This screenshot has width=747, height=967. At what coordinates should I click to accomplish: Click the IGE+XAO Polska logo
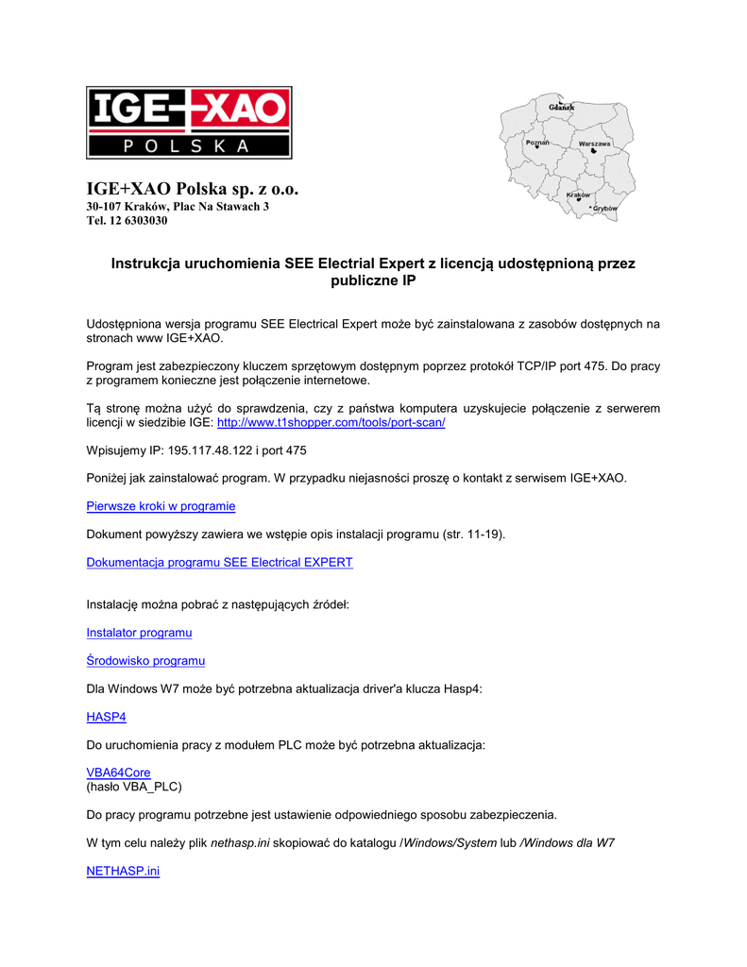pos(189,123)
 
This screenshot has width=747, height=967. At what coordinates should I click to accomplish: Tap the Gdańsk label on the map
pos(562,108)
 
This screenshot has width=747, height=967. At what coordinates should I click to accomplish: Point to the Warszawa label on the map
pos(595,143)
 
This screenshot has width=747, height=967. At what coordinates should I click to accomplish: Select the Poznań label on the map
pos(537,143)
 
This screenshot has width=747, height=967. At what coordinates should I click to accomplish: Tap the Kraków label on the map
pos(578,195)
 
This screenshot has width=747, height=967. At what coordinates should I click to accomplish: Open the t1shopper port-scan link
pos(331,422)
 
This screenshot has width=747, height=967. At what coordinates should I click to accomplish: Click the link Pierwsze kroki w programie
pos(161,506)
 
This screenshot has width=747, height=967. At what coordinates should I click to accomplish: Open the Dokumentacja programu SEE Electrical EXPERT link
pos(219,562)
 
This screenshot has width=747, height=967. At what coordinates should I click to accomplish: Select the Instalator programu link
pos(139,632)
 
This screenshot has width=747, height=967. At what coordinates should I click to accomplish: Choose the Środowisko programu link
pos(145,660)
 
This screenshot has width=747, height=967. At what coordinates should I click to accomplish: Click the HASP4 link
pos(106,717)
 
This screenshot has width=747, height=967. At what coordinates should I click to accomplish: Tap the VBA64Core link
pos(118,772)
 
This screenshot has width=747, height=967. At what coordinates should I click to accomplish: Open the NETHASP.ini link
pos(123,871)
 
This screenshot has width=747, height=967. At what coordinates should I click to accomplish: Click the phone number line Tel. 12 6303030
pos(127,221)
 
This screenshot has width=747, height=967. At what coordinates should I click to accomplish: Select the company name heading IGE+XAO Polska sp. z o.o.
pos(193,190)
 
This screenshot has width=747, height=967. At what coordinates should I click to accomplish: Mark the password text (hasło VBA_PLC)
pos(134,786)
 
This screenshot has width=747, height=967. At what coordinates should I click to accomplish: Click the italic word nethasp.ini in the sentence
pos(241,842)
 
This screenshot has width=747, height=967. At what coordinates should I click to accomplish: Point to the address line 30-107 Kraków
pos(178,206)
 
